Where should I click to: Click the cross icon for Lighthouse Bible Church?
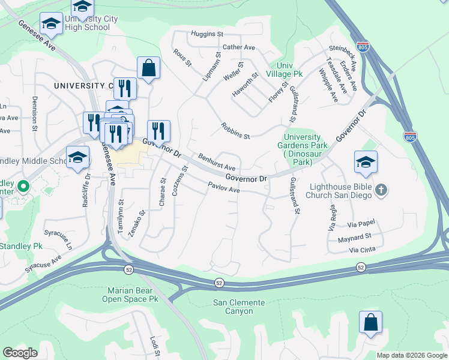coord(381,190)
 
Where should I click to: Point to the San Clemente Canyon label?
coord(241,307)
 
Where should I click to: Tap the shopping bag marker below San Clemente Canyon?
coord(370,322)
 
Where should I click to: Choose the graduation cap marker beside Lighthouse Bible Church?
coord(366,163)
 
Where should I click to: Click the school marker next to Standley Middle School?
coord(77,158)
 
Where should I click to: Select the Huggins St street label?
coord(207,34)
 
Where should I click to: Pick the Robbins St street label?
coord(235,131)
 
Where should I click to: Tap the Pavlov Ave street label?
coord(224,188)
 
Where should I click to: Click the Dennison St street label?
coord(35,113)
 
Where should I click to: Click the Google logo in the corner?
coord(20,353)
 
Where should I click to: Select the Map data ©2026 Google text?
coord(411,355)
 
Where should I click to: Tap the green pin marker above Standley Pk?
coord(23,187)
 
